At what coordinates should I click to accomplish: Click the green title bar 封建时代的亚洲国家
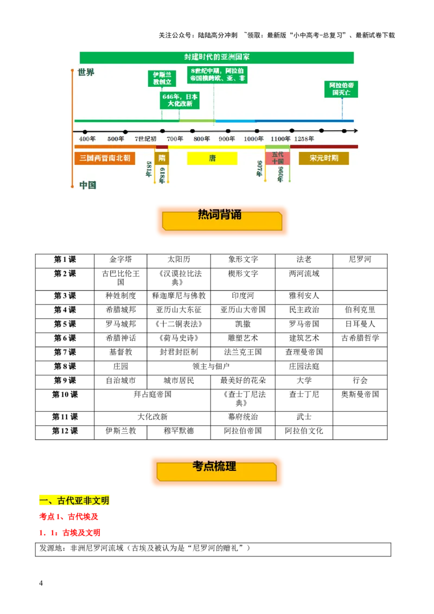pyautogui.click(x=216, y=57)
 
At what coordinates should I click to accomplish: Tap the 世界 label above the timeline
pyautogui.click(x=86, y=72)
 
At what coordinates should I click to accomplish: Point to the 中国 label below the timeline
pyautogui.click(x=87, y=185)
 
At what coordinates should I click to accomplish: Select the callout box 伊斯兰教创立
pyautogui.click(x=162, y=78)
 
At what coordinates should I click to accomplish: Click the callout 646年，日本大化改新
pyautogui.click(x=180, y=100)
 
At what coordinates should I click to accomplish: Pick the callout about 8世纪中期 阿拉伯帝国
pyautogui.click(x=217, y=74)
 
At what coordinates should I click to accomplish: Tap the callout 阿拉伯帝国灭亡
pyautogui.click(x=341, y=89)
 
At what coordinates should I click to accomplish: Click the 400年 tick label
pyautogui.click(x=87, y=139)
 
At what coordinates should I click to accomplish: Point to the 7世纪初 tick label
pyautogui.click(x=145, y=139)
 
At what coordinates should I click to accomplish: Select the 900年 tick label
pyautogui.click(x=227, y=139)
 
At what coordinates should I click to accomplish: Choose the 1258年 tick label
pyautogui.click(x=304, y=139)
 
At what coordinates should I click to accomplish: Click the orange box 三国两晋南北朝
pyautogui.click(x=105, y=158)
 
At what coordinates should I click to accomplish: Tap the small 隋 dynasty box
pyautogui.click(x=162, y=158)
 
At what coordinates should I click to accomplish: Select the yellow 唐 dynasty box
pyautogui.click(x=212, y=158)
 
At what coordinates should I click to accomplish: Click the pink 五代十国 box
pyautogui.click(x=277, y=158)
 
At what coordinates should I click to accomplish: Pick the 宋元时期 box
pyautogui.click(x=324, y=158)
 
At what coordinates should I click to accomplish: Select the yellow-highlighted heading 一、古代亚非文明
pyautogui.click(x=75, y=500)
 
